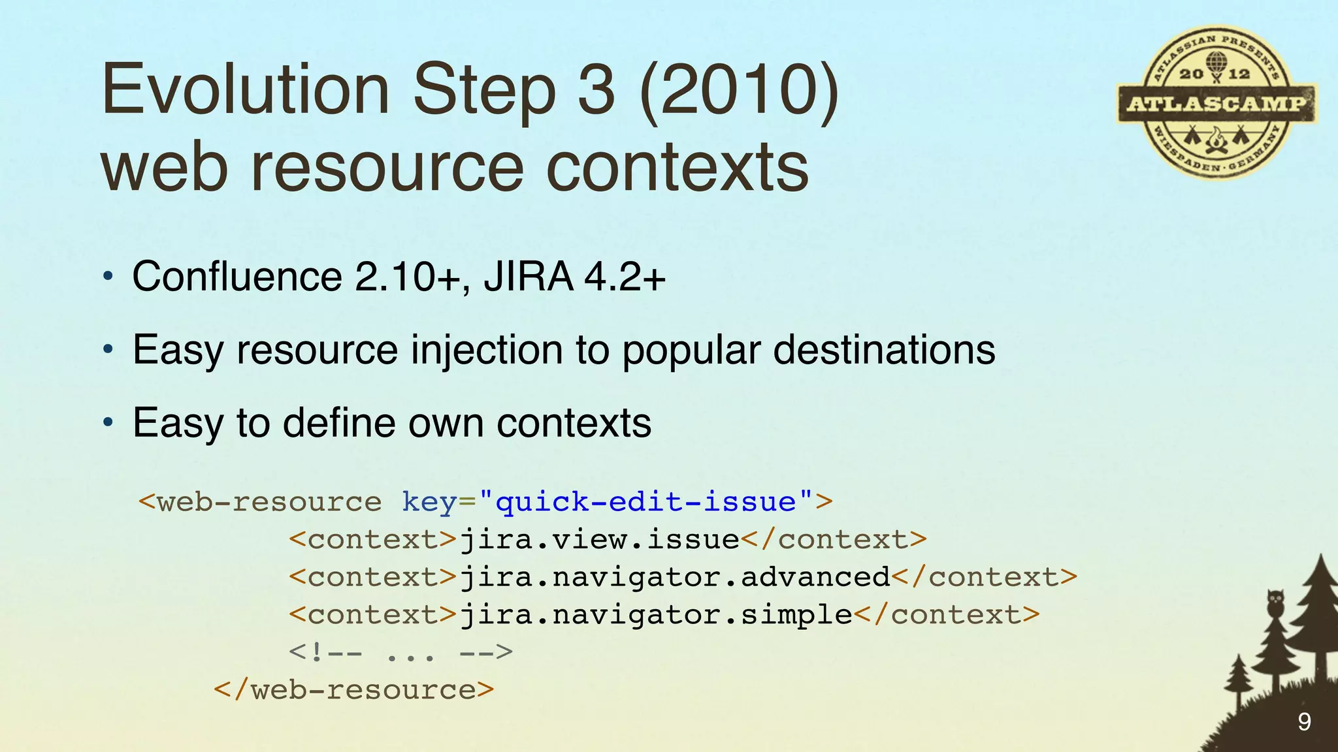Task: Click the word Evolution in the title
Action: coord(245,89)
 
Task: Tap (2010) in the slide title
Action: coord(739,89)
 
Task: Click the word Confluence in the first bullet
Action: coord(237,276)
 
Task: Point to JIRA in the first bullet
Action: coord(529,276)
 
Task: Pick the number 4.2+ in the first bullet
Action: coord(625,276)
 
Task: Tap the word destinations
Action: coord(884,350)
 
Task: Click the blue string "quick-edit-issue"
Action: coord(645,502)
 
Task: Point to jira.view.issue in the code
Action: coord(599,540)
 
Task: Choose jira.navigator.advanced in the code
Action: coord(675,578)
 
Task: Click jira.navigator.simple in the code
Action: coord(656,615)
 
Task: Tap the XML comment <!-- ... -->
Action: coord(400,652)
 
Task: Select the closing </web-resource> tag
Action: coord(353,690)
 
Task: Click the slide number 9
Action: coord(1304,721)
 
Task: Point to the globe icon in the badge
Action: coord(1216,64)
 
